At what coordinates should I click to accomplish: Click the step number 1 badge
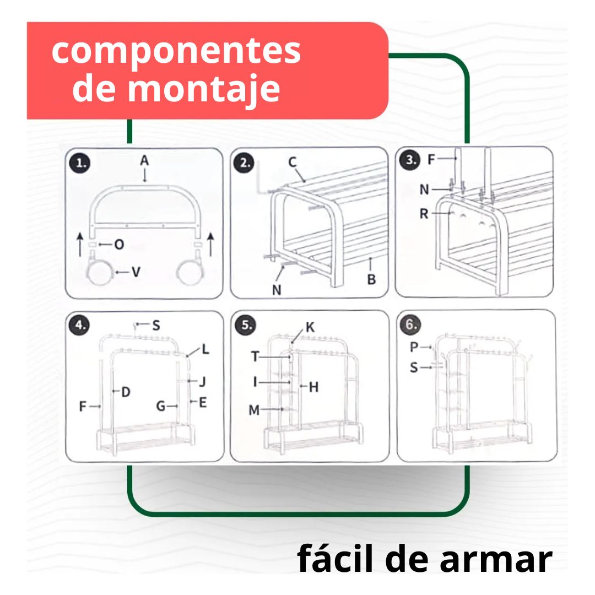[x=80, y=163]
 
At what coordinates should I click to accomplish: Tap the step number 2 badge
[x=245, y=163]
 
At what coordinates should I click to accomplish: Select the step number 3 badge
[x=410, y=160]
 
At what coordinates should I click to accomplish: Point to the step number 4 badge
[x=79, y=325]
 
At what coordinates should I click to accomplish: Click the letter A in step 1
[x=144, y=160]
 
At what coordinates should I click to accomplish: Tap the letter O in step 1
[x=119, y=245]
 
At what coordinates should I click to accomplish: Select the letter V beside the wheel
[x=136, y=272]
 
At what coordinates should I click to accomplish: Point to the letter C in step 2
[x=292, y=162]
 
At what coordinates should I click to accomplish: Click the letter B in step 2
[x=371, y=279]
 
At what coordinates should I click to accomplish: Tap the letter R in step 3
[x=424, y=214]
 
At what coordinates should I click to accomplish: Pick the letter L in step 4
[x=205, y=349]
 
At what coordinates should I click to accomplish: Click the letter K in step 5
[x=310, y=327]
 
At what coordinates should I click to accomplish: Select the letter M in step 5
[x=254, y=410]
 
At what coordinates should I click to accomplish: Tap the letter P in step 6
[x=414, y=347]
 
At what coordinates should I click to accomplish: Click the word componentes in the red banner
[x=176, y=52]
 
